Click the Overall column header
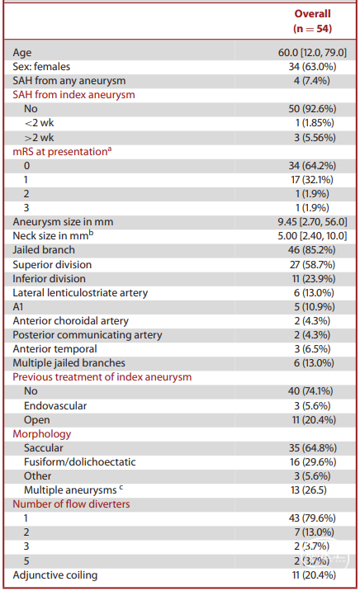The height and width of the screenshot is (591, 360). (312, 13)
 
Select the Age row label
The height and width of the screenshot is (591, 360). (22, 53)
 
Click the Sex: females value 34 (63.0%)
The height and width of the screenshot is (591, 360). (312, 67)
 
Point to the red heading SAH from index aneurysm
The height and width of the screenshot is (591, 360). (73, 95)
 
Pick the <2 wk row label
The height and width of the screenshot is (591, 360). (39, 123)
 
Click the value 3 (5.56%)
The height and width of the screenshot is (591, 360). (315, 138)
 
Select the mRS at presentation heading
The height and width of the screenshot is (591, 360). (62, 152)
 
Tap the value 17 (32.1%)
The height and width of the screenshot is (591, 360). (312, 180)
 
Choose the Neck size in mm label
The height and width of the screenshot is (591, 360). (53, 235)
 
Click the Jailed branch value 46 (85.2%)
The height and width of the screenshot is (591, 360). (312, 250)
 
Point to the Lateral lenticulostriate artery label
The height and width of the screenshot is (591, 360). (80, 293)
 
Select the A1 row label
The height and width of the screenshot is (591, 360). (18, 307)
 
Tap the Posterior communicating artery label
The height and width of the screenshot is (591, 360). (88, 335)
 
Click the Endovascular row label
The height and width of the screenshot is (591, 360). (55, 406)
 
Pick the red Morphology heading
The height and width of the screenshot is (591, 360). (42, 434)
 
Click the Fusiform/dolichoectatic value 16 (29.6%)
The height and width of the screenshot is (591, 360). (313, 462)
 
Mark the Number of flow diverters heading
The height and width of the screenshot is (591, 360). (71, 504)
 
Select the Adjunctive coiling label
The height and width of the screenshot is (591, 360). (55, 575)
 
